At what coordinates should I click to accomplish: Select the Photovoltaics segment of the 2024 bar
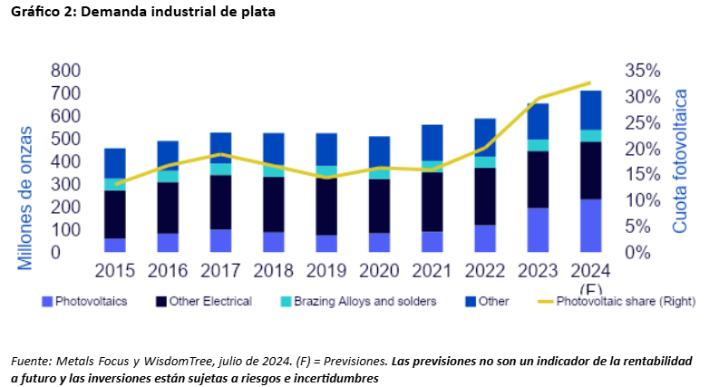[x=590, y=225]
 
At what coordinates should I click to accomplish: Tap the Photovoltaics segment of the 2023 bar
[x=538, y=229]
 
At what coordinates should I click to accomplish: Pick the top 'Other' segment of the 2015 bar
[x=115, y=163]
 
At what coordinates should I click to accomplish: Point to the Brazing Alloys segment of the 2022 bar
[x=485, y=162]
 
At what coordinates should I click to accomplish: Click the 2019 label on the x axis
[x=325, y=270]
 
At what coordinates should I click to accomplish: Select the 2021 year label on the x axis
[x=431, y=270]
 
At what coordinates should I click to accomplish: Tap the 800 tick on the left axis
[x=66, y=72]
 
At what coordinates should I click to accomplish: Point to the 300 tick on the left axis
[x=66, y=185]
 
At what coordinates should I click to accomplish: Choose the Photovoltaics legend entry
[x=85, y=301]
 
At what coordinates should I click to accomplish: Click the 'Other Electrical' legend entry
[x=203, y=301]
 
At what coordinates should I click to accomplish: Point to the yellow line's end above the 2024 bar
[x=590, y=82]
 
